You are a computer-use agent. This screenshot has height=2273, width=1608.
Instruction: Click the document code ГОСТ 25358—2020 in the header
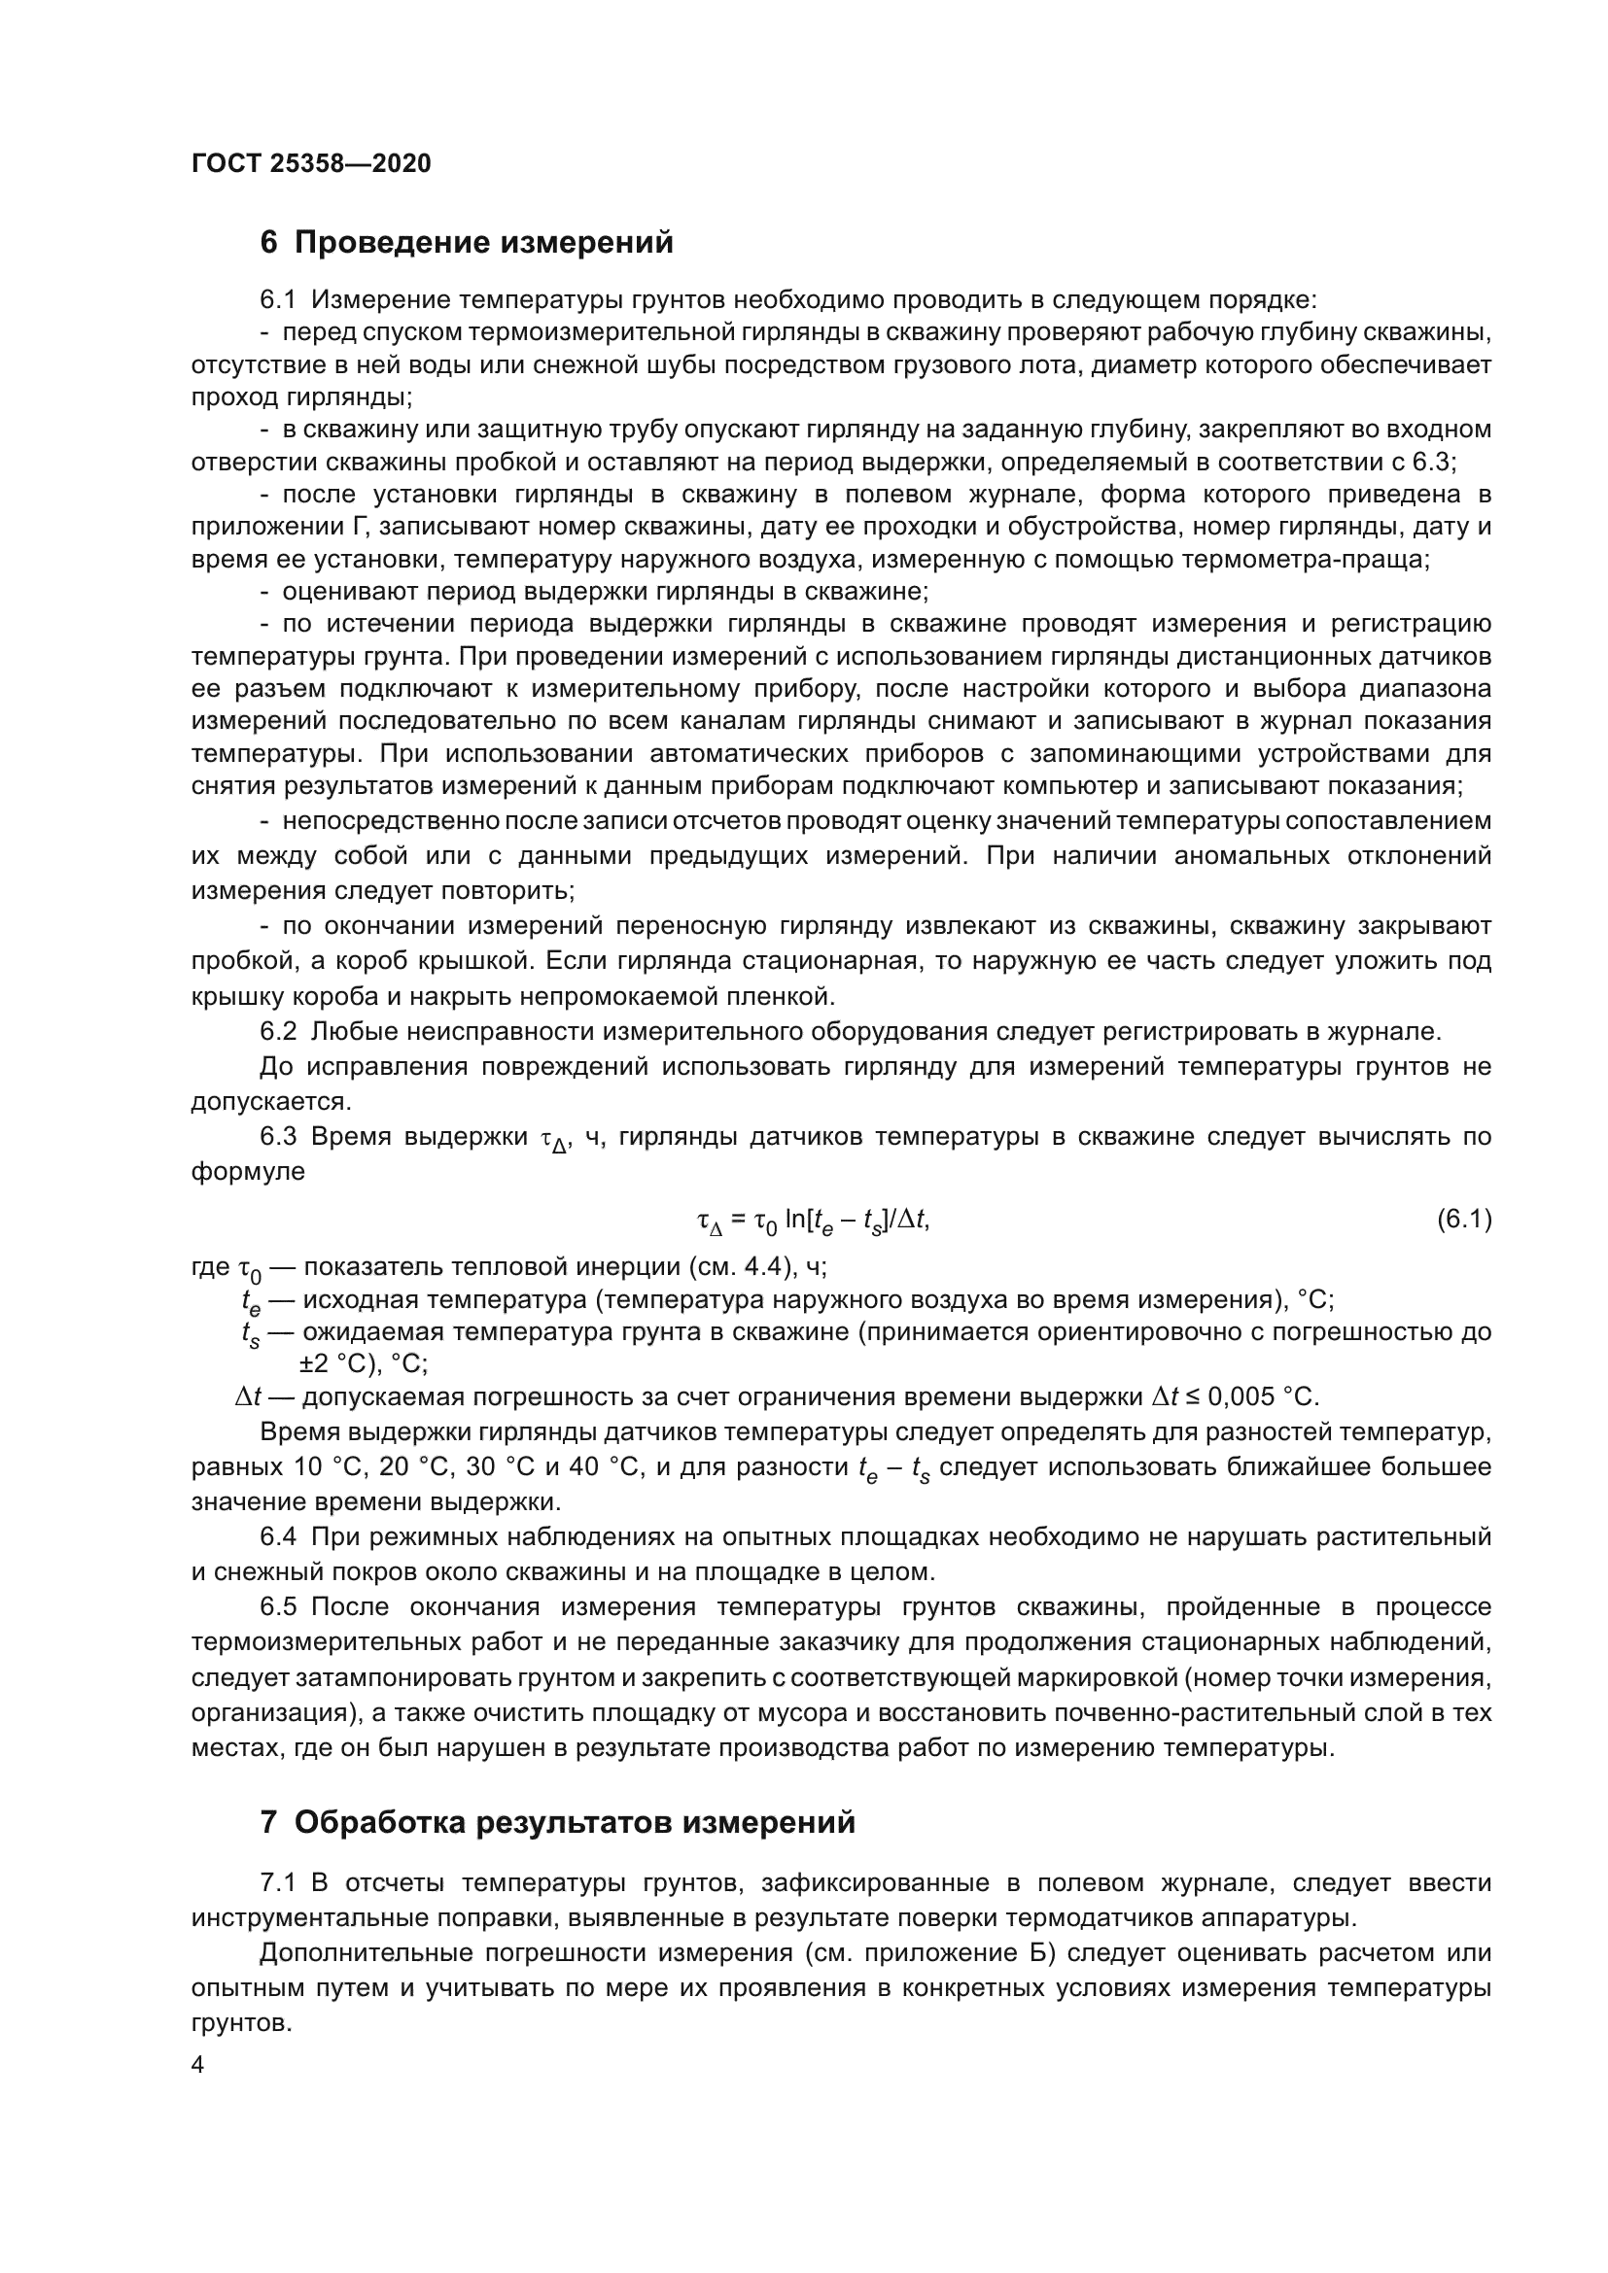(x=311, y=164)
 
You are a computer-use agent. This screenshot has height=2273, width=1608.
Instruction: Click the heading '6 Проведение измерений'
(x=467, y=243)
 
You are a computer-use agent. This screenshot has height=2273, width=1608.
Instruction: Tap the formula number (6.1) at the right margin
(x=1463, y=1220)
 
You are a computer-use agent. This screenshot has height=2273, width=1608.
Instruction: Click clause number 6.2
(x=278, y=1032)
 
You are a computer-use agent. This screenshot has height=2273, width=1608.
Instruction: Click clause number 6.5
(x=278, y=1606)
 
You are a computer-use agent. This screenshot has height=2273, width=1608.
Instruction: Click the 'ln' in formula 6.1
(x=794, y=1220)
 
